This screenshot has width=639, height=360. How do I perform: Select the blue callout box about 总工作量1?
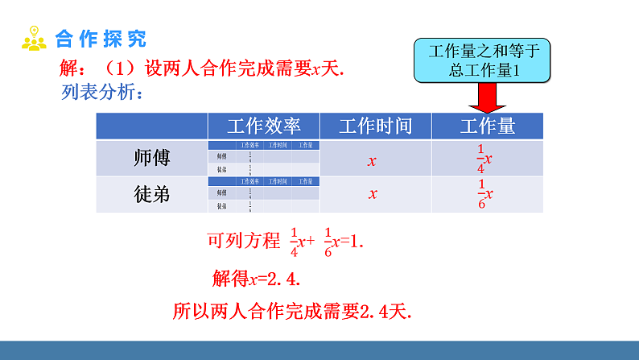[483, 61]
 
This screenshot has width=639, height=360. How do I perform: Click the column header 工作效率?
[263, 126]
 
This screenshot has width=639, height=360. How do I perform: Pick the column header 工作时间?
[375, 126]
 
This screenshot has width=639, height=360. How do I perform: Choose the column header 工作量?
[487, 126]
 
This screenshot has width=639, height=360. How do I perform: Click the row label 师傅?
[151, 159]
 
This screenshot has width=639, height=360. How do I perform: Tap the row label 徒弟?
[151, 194]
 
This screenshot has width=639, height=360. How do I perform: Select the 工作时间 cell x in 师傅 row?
[373, 160]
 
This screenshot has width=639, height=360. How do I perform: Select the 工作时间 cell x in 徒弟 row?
[373, 194]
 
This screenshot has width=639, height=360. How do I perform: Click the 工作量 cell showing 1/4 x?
[484, 159]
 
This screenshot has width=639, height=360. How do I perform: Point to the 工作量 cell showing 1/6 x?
[484, 194]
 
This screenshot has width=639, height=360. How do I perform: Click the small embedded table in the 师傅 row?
[263, 158]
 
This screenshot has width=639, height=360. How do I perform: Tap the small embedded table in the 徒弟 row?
[263, 194]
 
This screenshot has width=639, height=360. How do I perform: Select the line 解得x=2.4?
[261, 278]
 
